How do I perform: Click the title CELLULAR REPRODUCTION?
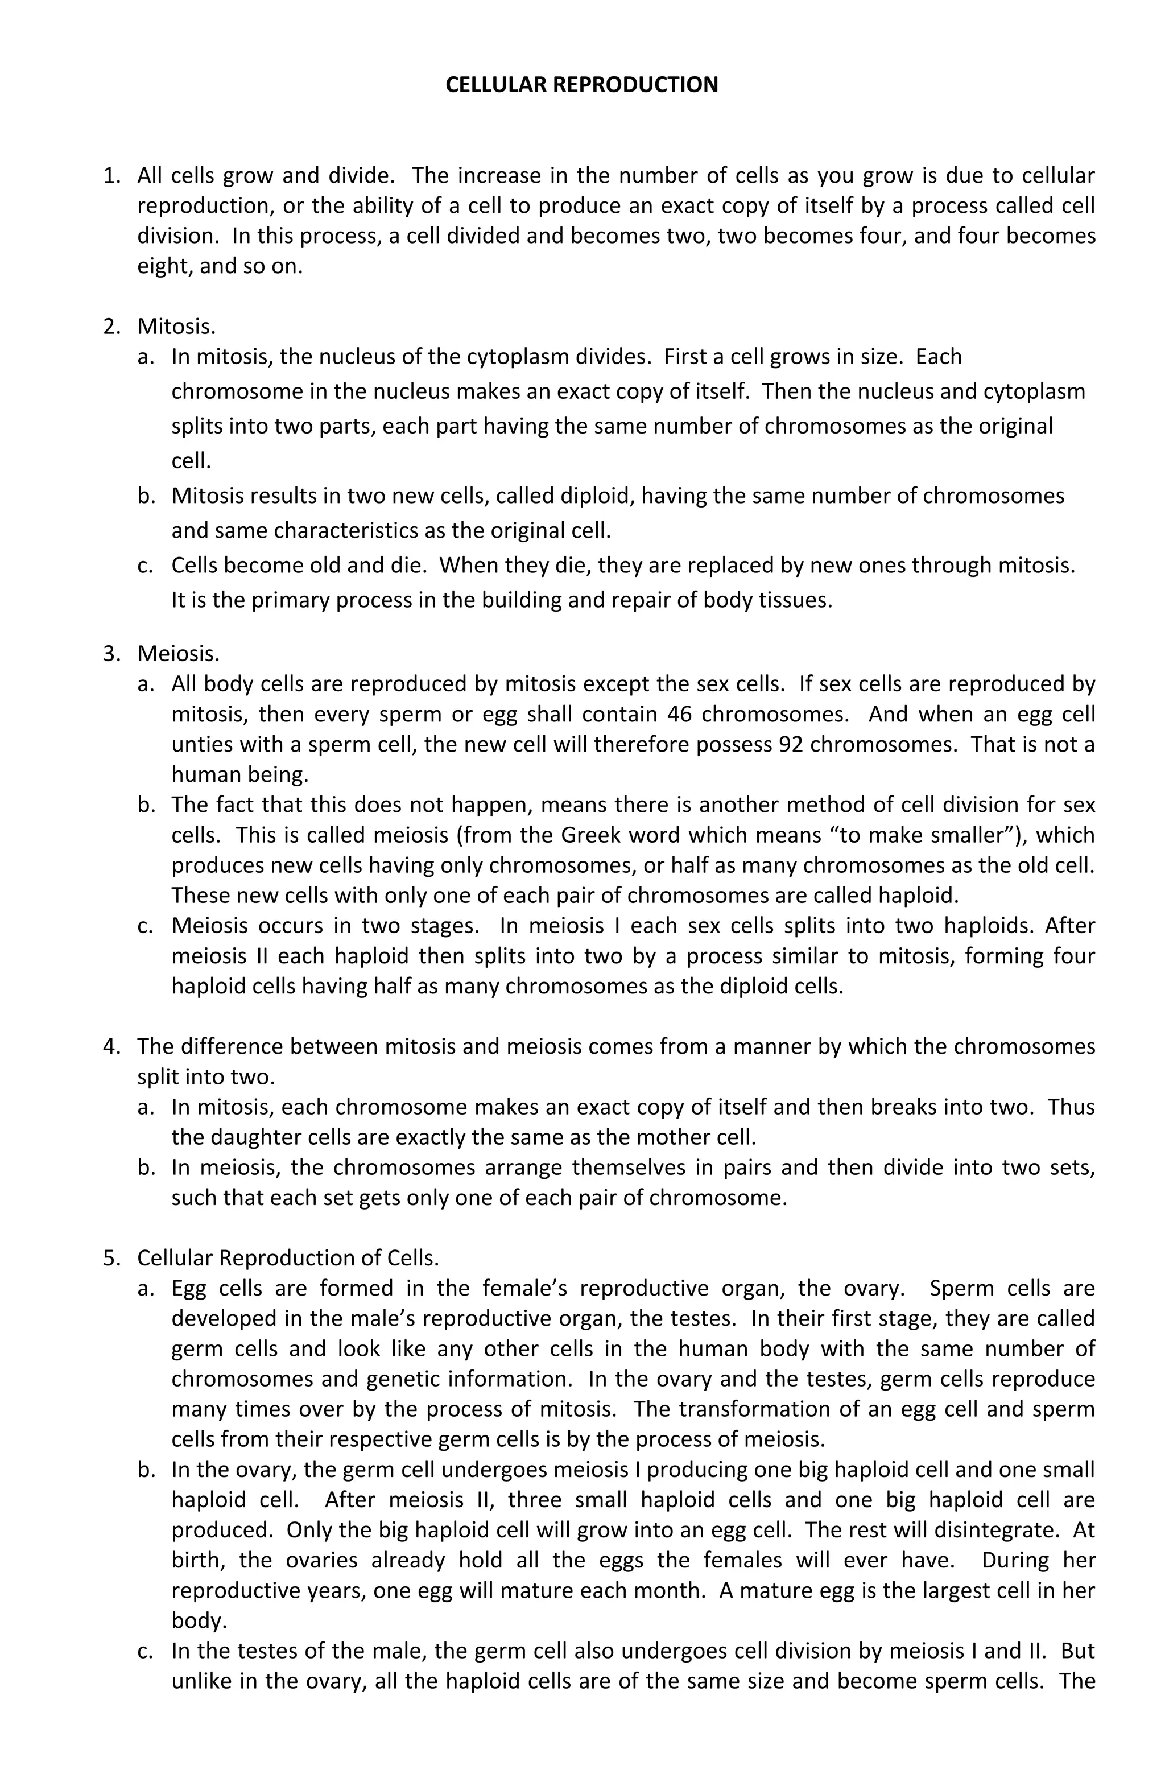582,85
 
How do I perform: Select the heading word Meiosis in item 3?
178,654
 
